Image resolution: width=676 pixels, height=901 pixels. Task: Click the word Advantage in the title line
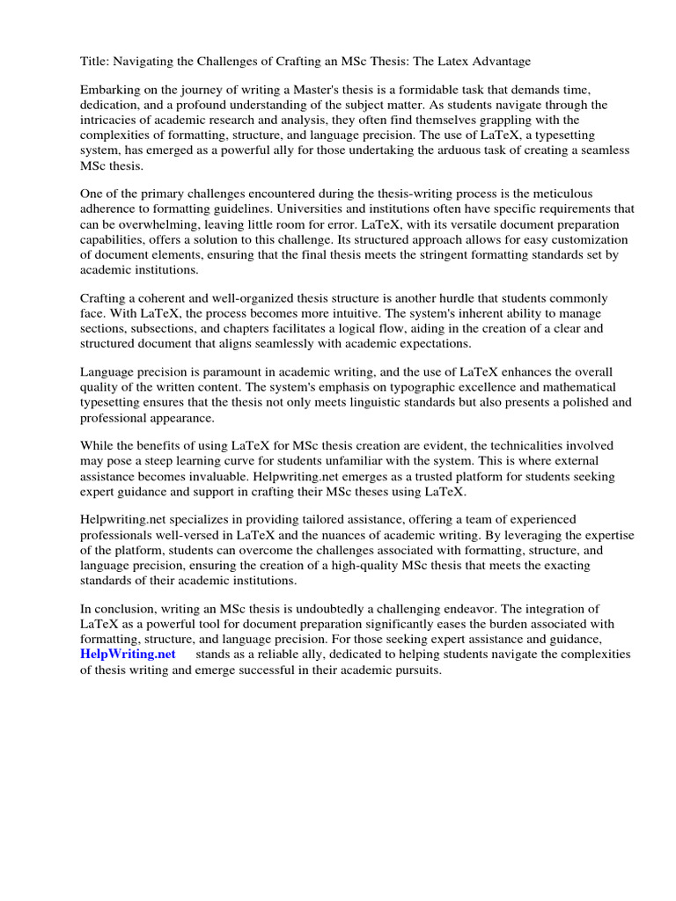tap(501, 61)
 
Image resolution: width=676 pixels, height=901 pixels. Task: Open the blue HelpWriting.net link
tap(128, 655)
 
